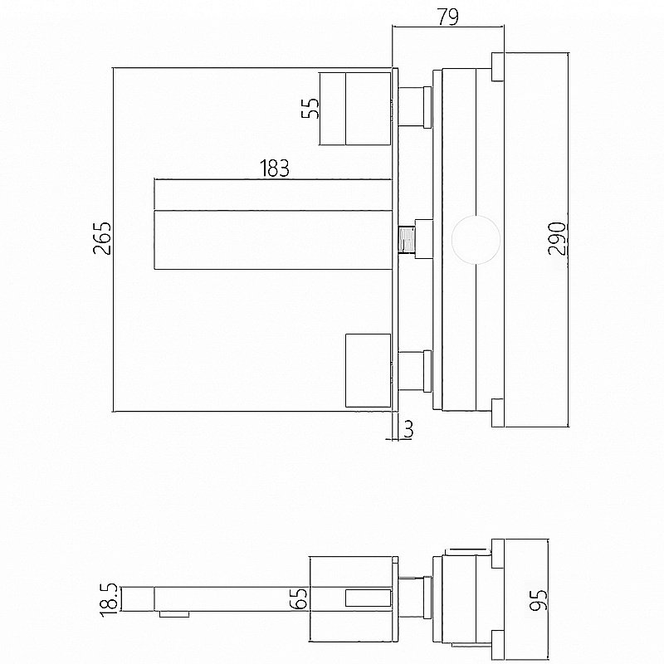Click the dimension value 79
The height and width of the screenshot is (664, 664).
[x=447, y=17]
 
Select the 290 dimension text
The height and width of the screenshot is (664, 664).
[x=557, y=239]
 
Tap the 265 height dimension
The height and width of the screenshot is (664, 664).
[x=102, y=238]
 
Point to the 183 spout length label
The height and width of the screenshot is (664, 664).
[x=275, y=168]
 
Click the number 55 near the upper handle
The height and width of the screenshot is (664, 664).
[x=310, y=109]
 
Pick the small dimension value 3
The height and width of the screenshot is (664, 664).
[x=408, y=429]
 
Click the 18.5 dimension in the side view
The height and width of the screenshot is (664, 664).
[x=110, y=600]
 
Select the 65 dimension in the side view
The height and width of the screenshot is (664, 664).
[x=300, y=598]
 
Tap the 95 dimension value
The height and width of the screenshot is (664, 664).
[x=538, y=600]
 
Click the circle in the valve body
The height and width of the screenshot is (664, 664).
[x=476, y=240]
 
